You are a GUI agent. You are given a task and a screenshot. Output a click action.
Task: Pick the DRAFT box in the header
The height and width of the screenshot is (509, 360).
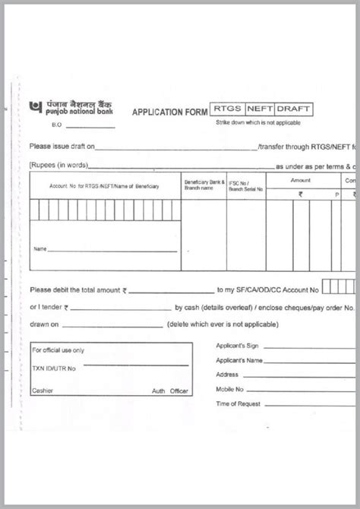(293, 110)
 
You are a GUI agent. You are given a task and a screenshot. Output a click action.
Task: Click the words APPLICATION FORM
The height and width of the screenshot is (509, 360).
(169, 112)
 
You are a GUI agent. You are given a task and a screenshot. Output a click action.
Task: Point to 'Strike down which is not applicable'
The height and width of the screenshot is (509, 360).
(257, 122)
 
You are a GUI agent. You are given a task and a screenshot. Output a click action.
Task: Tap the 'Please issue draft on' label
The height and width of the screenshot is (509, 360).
(62, 147)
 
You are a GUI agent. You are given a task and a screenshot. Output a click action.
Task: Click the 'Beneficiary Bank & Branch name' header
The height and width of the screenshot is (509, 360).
(204, 185)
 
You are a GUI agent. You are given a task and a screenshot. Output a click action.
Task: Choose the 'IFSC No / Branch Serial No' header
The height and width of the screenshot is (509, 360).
(245, 186)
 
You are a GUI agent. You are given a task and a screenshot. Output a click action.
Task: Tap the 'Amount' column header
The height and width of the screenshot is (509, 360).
(300, 180)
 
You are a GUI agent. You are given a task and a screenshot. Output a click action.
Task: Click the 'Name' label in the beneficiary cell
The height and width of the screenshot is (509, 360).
(40, 248)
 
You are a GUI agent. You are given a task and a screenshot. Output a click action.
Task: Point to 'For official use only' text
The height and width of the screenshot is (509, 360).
(58, 350)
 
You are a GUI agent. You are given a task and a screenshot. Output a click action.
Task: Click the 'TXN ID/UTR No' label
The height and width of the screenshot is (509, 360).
(53, 368)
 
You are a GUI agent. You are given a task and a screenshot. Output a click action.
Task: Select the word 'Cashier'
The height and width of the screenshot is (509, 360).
(42, 390)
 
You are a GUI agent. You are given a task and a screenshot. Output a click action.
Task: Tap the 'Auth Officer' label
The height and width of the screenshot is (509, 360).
(169, 390)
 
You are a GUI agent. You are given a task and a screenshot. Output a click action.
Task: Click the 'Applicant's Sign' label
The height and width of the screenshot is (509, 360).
(237, 346)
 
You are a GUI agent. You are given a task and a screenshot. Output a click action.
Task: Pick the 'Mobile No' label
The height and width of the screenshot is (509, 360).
(229, 389)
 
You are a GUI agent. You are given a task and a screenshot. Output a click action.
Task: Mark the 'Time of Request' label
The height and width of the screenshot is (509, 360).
(238, 403)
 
